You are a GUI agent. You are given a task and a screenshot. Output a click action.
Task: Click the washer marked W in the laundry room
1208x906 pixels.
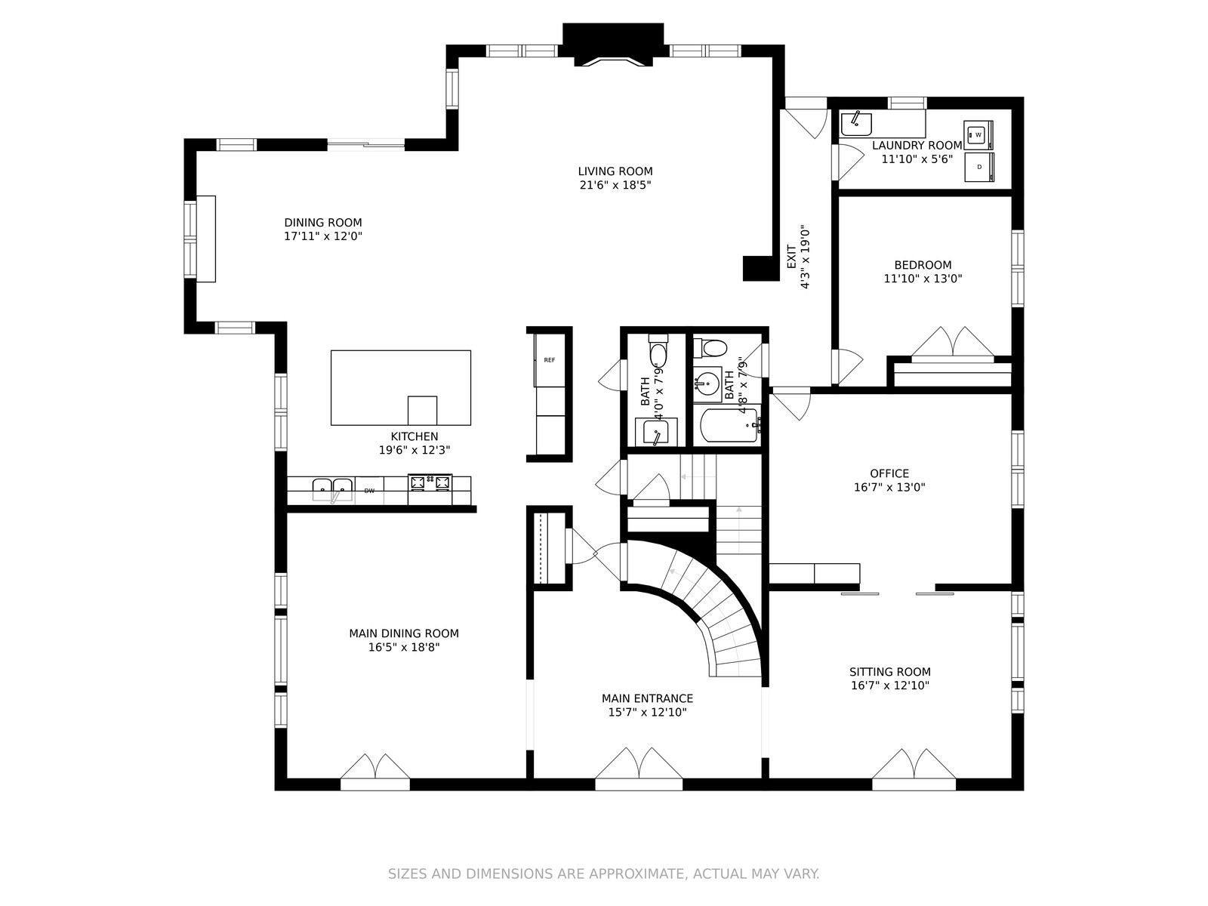(978, 135)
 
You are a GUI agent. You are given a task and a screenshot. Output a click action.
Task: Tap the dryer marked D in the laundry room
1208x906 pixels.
(979, 167)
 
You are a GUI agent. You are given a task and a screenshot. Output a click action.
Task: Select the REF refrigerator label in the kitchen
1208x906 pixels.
(549, 360)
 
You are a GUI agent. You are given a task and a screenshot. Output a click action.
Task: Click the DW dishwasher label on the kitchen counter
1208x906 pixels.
(369, 491)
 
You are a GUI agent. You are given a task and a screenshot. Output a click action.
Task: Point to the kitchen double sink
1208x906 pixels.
(332, 488)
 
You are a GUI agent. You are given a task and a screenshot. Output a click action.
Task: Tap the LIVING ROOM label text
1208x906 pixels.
(615, 171)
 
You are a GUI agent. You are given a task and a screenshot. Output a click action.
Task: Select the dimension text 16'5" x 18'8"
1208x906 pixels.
(404, 648)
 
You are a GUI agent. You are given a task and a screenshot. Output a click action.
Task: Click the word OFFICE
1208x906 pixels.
(889, 473)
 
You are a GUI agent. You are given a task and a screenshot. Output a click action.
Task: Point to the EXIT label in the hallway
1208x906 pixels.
(791, 257)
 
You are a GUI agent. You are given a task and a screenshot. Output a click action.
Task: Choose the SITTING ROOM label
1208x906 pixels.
(890, 672)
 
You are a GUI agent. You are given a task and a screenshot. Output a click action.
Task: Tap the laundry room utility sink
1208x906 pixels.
(856, 124)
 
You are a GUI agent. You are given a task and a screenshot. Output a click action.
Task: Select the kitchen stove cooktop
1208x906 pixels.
(430, 483)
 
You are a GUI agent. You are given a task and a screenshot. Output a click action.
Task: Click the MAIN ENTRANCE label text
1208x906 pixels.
(647, 698)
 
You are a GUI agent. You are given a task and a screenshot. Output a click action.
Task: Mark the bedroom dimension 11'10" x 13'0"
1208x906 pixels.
(923, 279)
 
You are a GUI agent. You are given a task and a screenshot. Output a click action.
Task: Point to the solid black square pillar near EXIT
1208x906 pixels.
(761, 269)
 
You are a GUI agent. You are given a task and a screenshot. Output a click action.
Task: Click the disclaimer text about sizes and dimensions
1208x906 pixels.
(604, 874)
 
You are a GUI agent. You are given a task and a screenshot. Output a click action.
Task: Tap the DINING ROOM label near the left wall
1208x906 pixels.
(323, 223)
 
